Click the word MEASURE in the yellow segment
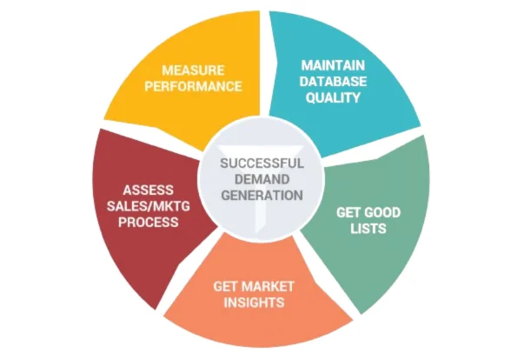tap(193, 70)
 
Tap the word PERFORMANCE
tap(193, 86)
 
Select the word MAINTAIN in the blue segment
tap(333, 65)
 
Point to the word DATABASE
tap(333, 81)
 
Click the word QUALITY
tap(333, 97)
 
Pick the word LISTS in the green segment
tap(368, 229)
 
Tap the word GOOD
tap(383, 212)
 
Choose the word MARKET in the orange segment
tap(269, 286)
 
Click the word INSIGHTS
tap(254, 302)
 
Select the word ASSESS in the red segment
tap(149, 190)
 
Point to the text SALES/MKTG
tap(149, 206)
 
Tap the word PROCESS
tap(149, 222)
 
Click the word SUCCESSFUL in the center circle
tap(262, 163)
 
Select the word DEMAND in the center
tap(262, 179)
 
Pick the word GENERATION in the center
tap(262, 195)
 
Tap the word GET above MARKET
tap(226, 286)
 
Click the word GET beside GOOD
tap(348, 212)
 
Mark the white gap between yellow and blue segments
tap(265, 63)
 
